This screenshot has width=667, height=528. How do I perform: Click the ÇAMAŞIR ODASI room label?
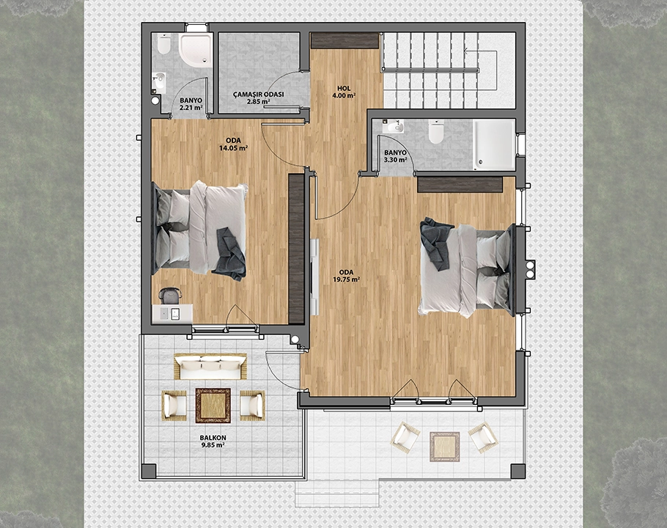tap(258, 95)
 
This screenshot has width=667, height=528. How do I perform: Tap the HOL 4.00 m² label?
tap(344, 92)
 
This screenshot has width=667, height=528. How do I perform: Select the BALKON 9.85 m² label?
tap(213, 441)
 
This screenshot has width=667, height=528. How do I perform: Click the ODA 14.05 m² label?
tap(233, 144)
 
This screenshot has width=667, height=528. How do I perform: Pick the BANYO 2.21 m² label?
tap(191, 104)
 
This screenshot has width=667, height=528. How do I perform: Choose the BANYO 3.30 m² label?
tap(395, 156)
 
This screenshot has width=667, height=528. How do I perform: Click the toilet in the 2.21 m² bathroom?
tap(163, 44)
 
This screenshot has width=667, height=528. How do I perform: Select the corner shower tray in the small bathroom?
tap(195, 50)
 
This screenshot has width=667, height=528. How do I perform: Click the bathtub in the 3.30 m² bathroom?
tap(494, 144)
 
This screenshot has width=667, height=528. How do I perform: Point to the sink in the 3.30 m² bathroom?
tap(393, 126)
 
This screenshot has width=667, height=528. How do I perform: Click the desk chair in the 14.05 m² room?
tap(170, 296)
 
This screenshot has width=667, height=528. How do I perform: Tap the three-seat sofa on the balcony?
tap(210, 366)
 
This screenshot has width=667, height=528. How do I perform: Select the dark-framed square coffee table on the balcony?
tap(213, 406)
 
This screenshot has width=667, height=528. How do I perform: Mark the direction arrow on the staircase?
tap(481, 70)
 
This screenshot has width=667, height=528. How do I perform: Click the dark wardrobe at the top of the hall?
tap(344, 41)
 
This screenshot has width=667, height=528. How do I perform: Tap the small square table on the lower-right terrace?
tap(444, 447)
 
